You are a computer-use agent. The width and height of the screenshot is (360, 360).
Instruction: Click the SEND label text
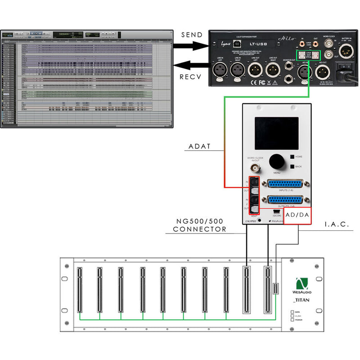(193, 35)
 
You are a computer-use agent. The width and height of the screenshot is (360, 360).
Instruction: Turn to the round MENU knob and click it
(276, 161)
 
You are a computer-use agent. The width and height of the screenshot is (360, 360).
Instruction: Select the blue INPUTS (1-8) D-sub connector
(284, 184)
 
